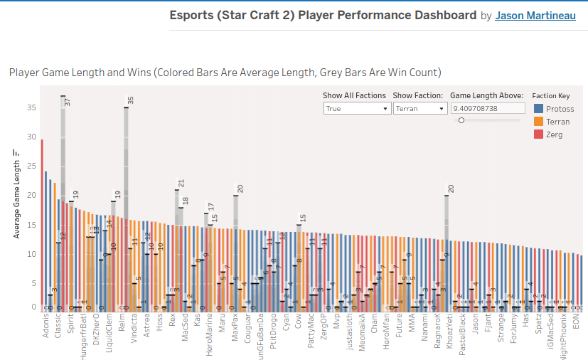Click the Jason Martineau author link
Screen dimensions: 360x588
click(535, 16)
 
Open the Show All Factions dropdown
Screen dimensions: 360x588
click(357, 109)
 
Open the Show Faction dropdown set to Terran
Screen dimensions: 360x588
click(419, 109)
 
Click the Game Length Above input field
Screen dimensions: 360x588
click(486, 109)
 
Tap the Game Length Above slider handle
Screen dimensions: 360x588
click(461, 120)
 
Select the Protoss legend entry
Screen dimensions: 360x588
click(560, 109)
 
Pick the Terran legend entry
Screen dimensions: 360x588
click(558, 122)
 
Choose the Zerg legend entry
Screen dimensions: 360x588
click(555, 134)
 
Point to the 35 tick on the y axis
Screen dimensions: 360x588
click(31, 107)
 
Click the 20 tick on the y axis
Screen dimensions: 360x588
click(31, 195)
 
